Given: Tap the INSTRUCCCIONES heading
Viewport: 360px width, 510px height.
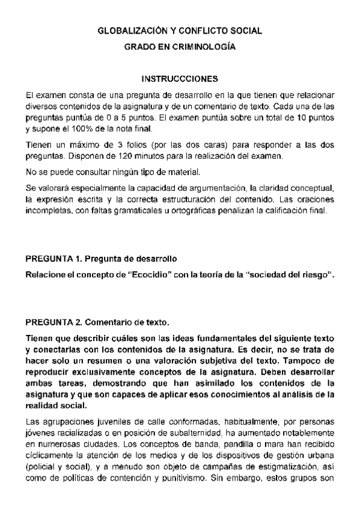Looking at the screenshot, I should click(179, 79).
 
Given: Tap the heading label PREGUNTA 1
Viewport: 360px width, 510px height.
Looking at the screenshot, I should click(53, 259).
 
